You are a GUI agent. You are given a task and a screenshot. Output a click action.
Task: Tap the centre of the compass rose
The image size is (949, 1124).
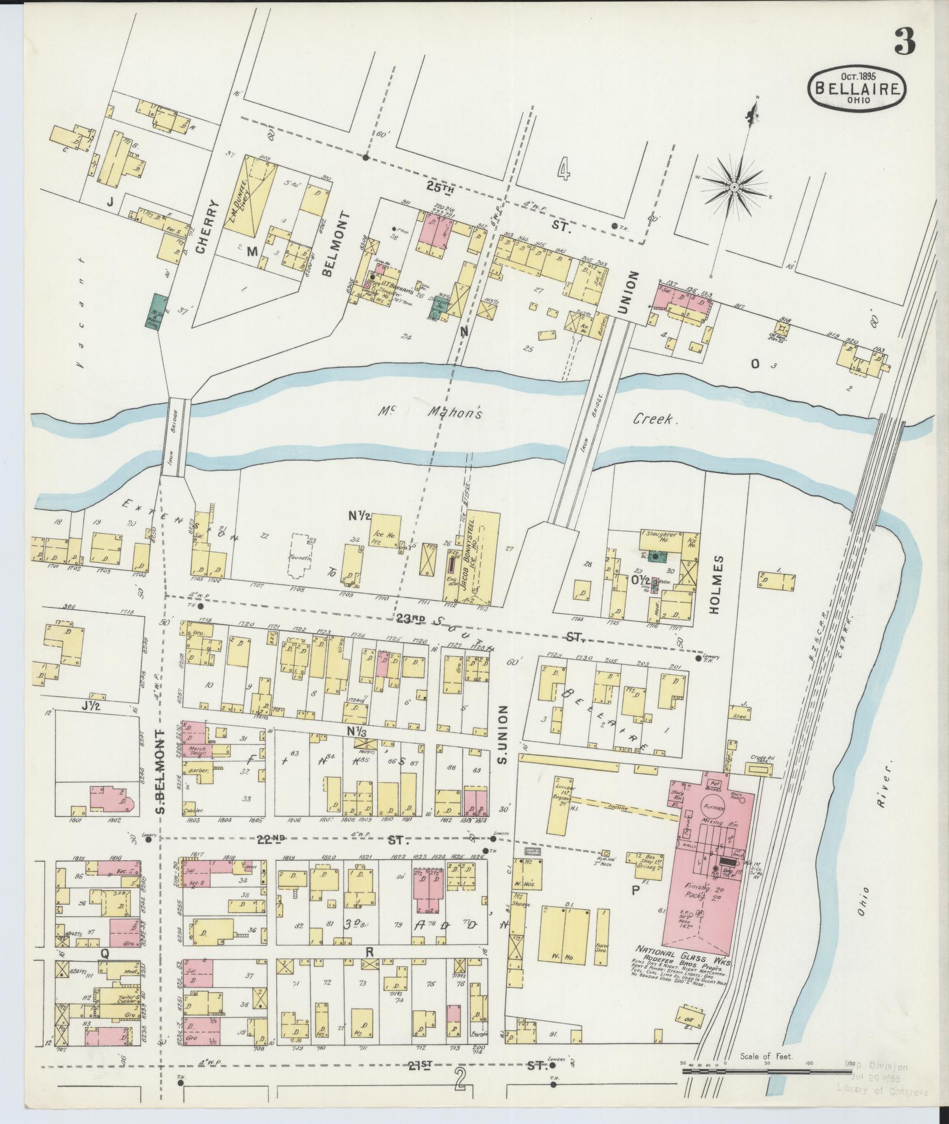(734, 187)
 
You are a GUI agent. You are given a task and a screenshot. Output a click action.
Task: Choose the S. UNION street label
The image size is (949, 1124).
(503, 735)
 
